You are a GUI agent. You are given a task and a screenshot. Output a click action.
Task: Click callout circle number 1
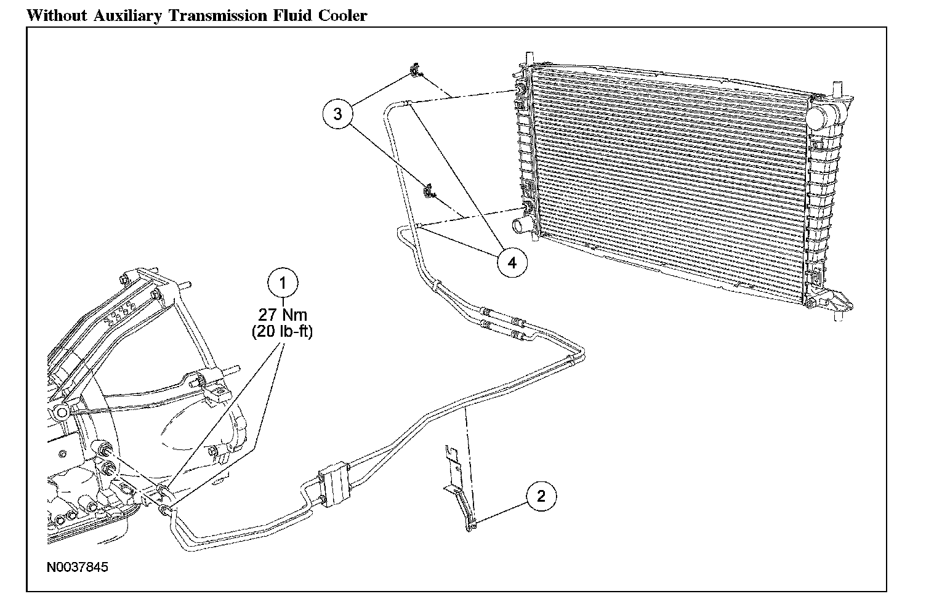pyautogui.click(x=283, y=284)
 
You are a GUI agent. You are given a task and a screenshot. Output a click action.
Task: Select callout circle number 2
pyautogui.click(x=541, y=496)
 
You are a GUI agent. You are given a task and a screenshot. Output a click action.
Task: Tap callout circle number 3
pyautogui.click(x=338, y=115)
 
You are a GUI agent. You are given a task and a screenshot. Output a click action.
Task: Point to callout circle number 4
pyautogui.click(x=512, y=262)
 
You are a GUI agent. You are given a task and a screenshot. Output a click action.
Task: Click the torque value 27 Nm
pyautogui.click(x=283, y=315)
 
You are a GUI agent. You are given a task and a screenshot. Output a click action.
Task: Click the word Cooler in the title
pyautogui.click(x=343, y=15)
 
